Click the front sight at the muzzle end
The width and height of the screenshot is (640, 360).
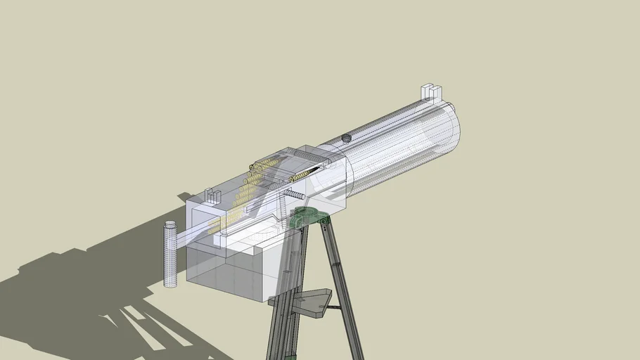[x=430, y=92]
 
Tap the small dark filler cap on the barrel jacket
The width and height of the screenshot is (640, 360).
[x=345, y=138]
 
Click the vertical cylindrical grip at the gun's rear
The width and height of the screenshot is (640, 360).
[x=170, y=254]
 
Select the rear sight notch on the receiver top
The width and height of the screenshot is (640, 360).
[x=208, y=195]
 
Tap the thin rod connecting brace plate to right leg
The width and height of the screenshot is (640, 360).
[x=333, y=307]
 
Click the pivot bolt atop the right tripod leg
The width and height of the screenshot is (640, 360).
[x=324, y=221]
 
